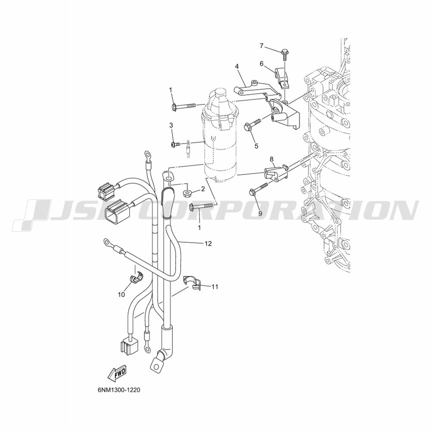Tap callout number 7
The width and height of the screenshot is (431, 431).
(262, 46)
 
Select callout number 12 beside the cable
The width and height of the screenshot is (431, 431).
(208, 244)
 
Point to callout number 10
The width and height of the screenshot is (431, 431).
(121, 295)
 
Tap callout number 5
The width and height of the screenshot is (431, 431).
(256, 146)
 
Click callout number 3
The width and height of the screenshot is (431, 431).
(171, 125)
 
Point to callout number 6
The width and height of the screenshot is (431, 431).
(262, 64)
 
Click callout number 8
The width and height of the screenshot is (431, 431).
(272, 159)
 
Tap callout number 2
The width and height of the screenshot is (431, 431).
(203, 189)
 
